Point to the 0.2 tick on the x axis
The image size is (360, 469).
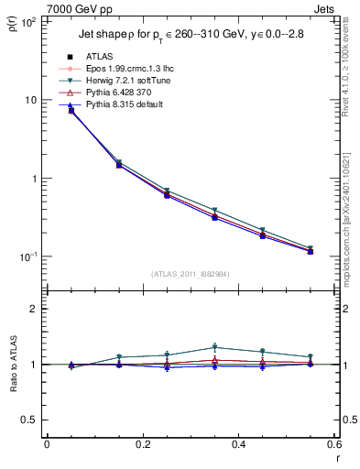pos(142,443)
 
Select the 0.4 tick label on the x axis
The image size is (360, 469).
pos(238,443)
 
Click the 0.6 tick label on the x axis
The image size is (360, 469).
pos(333,443)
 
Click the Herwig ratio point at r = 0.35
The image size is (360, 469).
pos(214,347)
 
